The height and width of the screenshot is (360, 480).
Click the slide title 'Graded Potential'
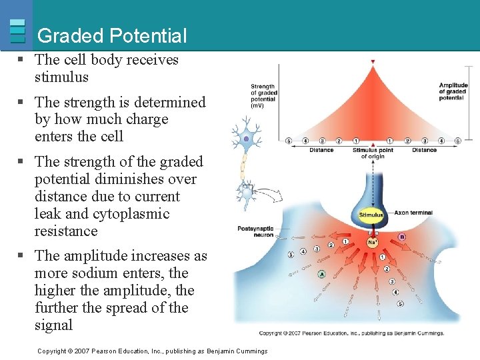pos(112,35)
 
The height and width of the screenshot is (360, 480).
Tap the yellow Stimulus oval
pos(371,215)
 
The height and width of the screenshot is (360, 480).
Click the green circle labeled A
pos(321,274)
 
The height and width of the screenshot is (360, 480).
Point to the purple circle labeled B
pos(401,237)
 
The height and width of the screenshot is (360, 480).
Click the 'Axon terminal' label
pos(413,213)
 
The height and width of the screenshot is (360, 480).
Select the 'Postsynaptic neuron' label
pos(255,231)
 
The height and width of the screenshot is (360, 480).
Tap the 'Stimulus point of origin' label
pos(373,153)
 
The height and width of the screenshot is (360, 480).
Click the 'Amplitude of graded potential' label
pos(453,91)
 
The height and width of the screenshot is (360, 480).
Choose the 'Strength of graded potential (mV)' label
pos(263,96)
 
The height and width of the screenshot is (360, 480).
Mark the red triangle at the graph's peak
pos(373,62)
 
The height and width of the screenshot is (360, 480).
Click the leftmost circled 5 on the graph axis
pos(289,141)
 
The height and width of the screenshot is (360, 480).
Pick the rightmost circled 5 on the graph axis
pos(457,141)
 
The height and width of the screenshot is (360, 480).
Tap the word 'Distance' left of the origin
pos(321,150)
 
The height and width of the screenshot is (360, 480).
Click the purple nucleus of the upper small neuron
pos(246,139)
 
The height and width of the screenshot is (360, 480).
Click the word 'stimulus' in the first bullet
pos(61,77)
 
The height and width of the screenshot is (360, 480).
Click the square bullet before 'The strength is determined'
pos(21,102)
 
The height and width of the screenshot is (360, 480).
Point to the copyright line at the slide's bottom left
pos(152,351)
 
